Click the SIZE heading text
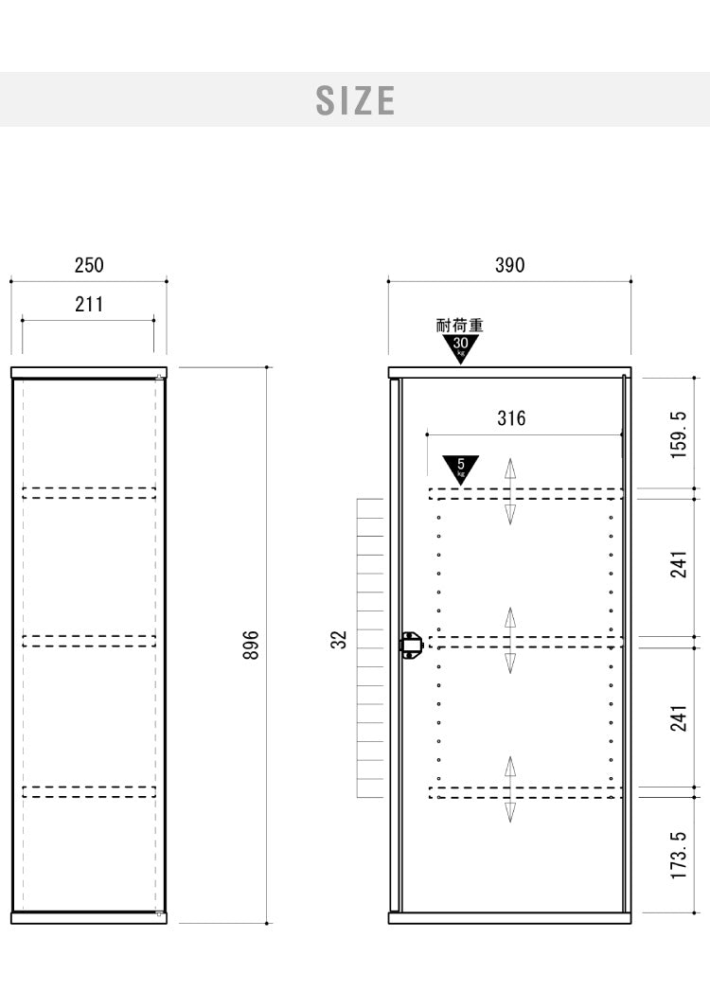[x=355, y=100]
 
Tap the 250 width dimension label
[x=89, y=265]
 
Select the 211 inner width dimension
[x=89, y=304]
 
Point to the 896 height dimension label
[x=251, y=645]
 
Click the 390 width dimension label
[x=509, y=265]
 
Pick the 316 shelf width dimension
[x=511, y=417]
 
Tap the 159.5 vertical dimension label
[x=678, y=434]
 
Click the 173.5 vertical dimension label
[x=678, y=855]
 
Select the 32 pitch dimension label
[x=339, y=640]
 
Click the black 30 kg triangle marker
[x=461, y=347]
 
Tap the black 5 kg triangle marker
[x=461, y=469]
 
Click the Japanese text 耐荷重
[x=460, y=326]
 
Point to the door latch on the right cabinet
[x=410, y=645]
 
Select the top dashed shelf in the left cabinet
[x=89, y=493]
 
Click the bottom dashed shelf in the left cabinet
[x=89, y=791]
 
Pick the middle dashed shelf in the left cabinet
[x=89, y=641]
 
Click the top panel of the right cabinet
[x=509, y=372]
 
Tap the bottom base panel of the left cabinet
[x=89, y=918]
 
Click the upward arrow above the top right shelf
[x=510, y=469]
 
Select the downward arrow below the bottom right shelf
[x=510, y=811]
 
